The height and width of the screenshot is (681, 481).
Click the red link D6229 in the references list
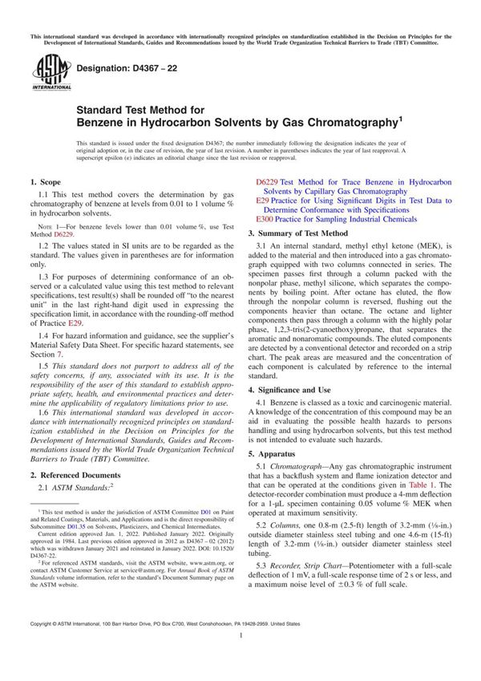266,183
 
